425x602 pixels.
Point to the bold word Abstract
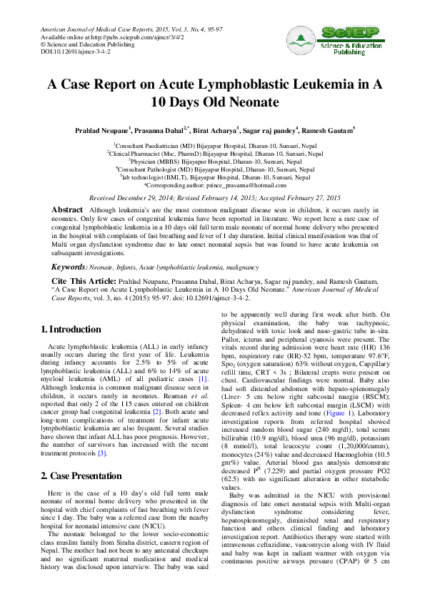tap(67, 209)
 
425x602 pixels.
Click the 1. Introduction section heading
tap(71, 330)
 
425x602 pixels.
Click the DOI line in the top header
tap(74, 52)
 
